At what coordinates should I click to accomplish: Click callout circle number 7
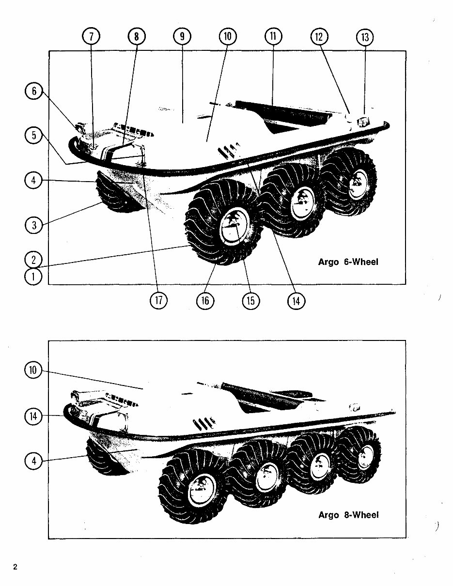pos(92,37)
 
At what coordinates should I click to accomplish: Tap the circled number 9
pos(182,37)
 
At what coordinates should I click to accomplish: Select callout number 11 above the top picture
pos(273,37)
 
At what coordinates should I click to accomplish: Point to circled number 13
pos(365,37)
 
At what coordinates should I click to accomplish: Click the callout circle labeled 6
pos(34,92)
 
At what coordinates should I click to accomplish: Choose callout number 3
pos(34,225)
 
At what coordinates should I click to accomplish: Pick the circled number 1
pos(34,277)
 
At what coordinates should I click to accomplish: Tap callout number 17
pos(158,301)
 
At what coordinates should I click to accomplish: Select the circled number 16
pos(205,301)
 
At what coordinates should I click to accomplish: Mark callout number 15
pos(250,301)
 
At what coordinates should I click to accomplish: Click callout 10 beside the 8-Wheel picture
pos(34,371)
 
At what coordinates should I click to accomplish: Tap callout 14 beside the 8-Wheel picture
pos(34,416)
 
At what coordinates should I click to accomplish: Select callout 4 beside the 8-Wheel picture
pos(34,461)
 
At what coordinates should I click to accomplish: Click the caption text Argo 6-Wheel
pos(348,262)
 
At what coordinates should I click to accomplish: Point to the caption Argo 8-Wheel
pos(348,515)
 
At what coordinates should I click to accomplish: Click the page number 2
pos(15,567)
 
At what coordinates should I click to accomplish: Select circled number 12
pos(319,37)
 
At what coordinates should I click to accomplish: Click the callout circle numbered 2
pos(34,260)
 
